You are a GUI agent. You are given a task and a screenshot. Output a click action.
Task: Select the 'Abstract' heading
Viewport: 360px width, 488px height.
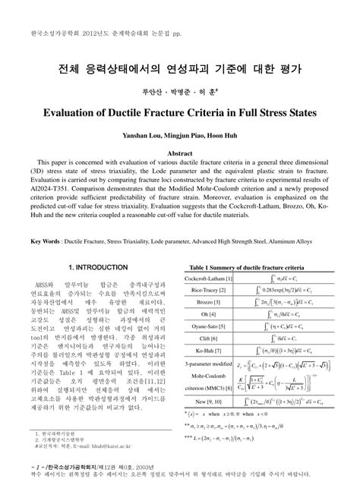(x=179, y=153)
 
